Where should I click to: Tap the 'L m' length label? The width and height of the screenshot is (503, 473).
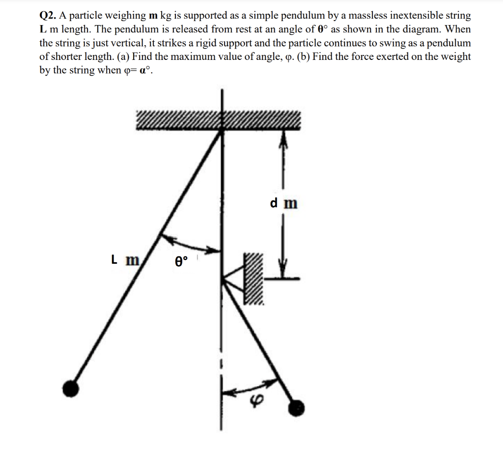point(125,259)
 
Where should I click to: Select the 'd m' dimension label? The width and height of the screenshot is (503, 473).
point(283,202)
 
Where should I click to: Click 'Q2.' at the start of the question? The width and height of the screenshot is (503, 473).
point(48,16)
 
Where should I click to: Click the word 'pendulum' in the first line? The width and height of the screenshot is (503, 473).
point(279,16)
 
